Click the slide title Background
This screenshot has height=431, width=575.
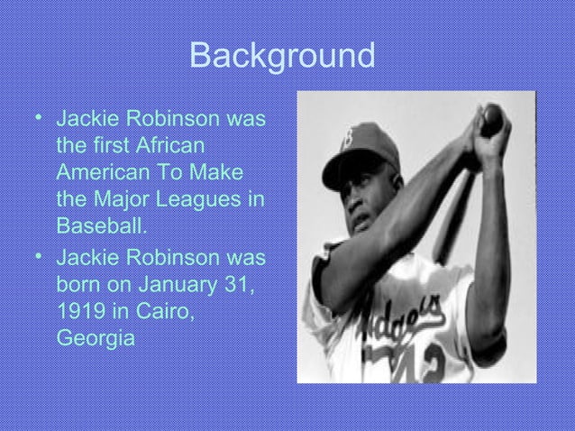coord(282,57)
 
